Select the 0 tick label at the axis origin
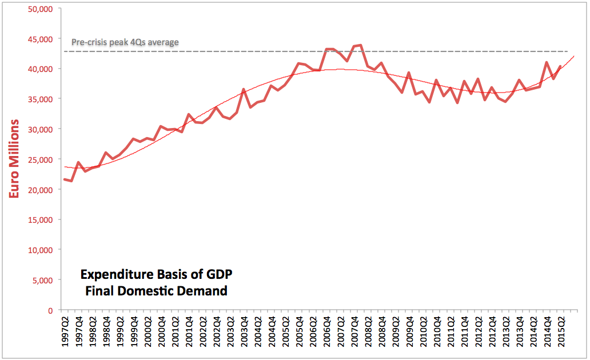click(x=51, y=310)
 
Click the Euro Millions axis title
click(x=15, y=159)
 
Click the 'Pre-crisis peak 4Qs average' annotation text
click(x=125, y=42)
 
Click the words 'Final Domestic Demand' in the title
click(x=156, y=291)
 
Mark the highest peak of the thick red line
click(x=361, y=45)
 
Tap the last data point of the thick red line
click(x=560, y=66)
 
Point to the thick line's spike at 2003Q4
click(x=244, y=90)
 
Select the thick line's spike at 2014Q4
click(x=547, y=62)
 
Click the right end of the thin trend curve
click(x=573, y=56)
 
